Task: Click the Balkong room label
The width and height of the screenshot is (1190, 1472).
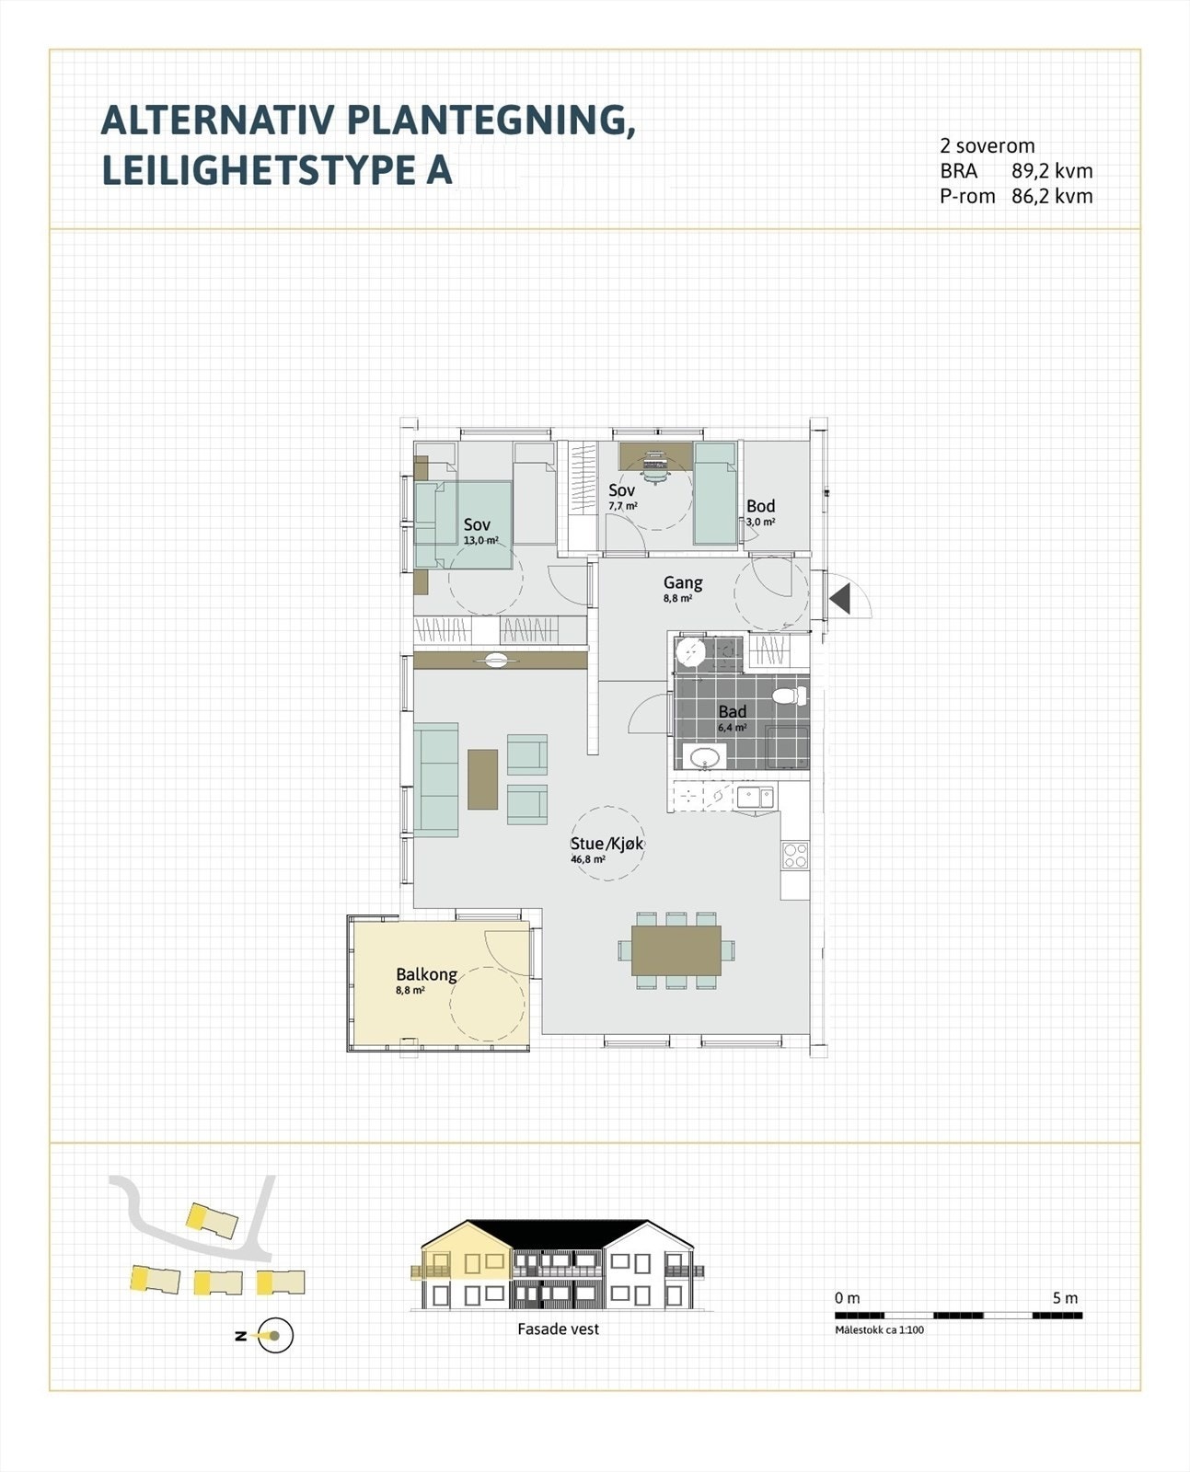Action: tap(426, 974)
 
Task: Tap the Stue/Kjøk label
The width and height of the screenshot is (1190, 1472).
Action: tap(607, 844)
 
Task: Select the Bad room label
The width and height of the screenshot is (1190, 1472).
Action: tap(732, 711)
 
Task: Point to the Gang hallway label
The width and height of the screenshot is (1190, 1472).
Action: tap(683, 582)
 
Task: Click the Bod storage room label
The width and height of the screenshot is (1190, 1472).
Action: tap(760, 506)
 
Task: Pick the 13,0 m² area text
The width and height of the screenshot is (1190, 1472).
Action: tap(480, 541)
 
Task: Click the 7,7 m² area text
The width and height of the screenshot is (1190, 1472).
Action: tap(623, 506)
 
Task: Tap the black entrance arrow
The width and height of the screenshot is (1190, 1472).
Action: tap(839, 599)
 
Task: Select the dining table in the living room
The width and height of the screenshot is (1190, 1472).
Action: tap(676, 950)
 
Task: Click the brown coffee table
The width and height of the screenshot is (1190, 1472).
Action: tap(482, 779)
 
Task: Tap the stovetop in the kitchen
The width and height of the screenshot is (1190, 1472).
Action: tap(795, 856)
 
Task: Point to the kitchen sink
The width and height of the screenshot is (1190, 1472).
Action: tap(755, 796)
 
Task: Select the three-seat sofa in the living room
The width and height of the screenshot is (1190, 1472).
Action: tap(436, 779)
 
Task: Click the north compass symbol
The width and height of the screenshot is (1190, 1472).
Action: tap(273, 1336)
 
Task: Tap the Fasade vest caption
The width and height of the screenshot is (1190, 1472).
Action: tap(558, 1329)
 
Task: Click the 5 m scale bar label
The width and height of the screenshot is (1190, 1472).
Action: tap(1065, 1298)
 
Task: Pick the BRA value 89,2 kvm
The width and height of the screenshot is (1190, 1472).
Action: tap(1052, 171)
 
